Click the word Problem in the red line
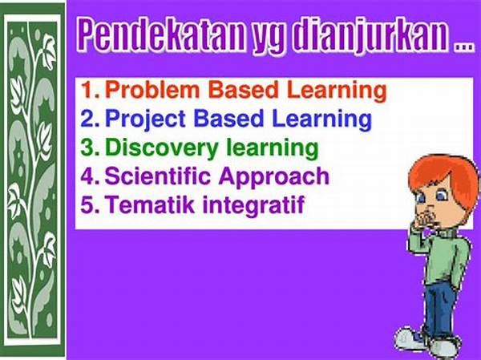[x=152, y=90]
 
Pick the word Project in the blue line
[x=145, y=120]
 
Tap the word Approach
[x=273, y=177]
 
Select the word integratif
[x=253, y=205]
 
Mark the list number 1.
[x=90, y=91]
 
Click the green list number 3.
[x=90, y=148]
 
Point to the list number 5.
[x=90, y=205]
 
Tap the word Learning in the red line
[x=337, y=91]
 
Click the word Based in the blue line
[x=228, y=119]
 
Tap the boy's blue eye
[x=441, y=196]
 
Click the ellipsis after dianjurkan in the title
[x=464, y=47]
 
